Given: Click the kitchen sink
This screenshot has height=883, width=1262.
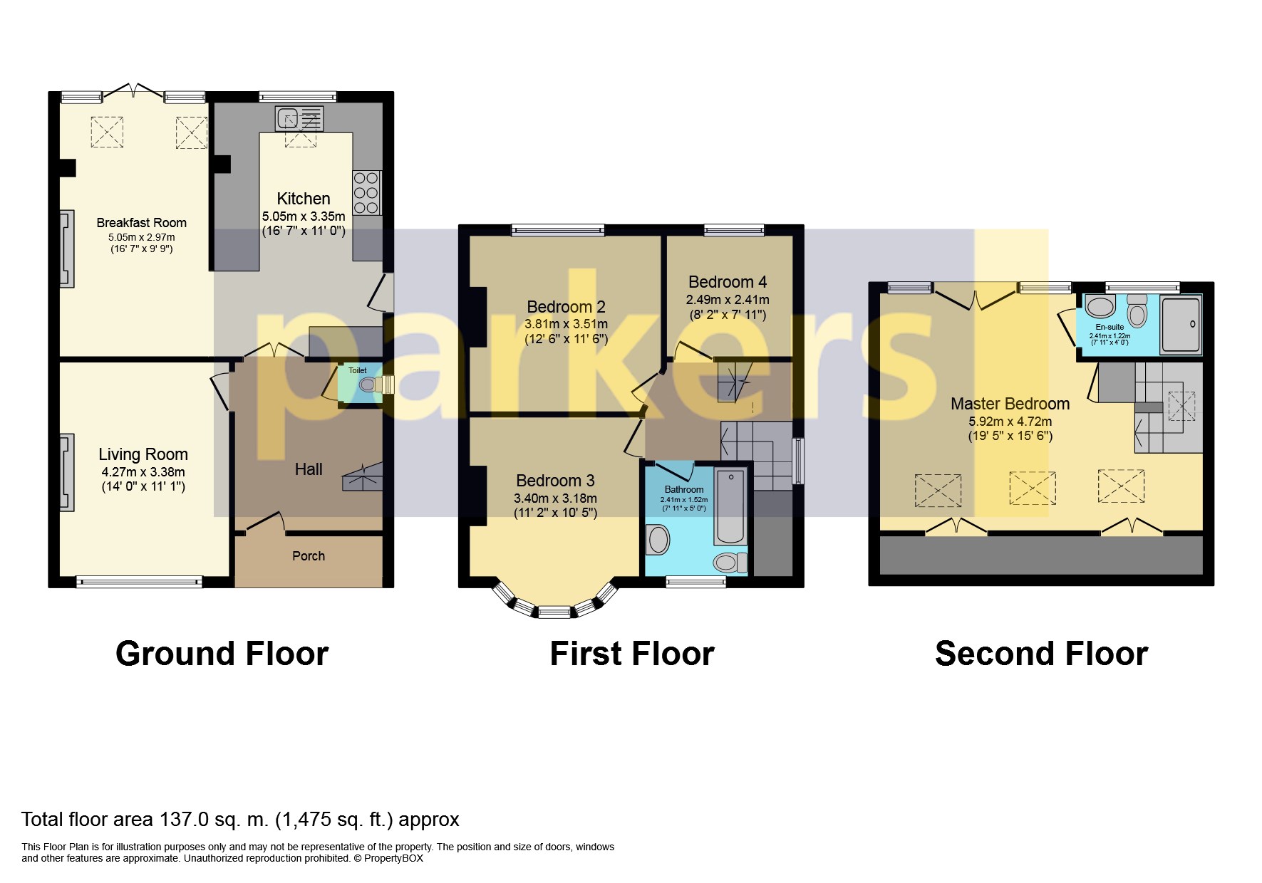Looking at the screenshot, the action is coord(299,118).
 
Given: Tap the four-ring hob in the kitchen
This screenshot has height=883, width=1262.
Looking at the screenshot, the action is coord(366,192).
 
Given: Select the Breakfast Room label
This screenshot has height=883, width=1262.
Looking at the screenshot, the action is coord(142,223).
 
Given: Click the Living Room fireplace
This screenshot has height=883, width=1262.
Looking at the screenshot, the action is coord(66,472).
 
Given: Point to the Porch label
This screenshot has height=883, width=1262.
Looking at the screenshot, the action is coord(309,556).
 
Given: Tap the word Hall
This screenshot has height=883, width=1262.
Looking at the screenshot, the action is coord(309,469).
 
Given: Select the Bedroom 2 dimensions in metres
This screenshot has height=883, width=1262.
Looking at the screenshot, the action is coord(567,323).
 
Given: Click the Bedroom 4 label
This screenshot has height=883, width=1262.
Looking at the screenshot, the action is coord(728,282).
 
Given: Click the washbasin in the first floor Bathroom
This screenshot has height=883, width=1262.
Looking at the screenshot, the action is coord(658,540).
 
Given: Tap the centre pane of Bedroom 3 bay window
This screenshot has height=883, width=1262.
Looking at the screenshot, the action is coord(554,611).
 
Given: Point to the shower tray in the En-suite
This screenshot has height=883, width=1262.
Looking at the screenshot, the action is coord(1181,325).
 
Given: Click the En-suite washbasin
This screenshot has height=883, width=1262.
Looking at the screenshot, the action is coord(1101,307).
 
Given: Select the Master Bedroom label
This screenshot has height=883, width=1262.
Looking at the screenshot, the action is coord(1010,404).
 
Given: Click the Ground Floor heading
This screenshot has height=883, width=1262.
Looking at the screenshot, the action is coord(222,654).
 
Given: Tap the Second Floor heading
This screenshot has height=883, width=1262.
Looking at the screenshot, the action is coord(1041,654).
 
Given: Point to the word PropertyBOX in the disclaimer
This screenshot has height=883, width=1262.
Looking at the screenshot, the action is coord(393,858).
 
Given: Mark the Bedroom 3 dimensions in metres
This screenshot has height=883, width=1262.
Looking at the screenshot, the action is coord(555,498).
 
